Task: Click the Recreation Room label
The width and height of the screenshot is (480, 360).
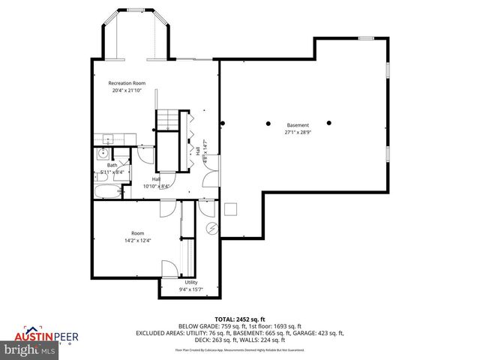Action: [127, 83]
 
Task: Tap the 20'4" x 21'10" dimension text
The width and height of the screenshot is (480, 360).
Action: [127, 91]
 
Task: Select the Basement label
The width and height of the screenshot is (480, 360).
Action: [298, 124]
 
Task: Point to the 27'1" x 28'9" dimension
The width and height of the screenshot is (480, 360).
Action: [298, 132]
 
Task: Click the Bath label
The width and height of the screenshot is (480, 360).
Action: [112, 165]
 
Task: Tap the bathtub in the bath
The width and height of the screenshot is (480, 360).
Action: [106, 191]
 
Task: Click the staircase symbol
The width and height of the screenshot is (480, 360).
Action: [166, 119]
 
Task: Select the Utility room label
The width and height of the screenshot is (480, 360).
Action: [191, 282]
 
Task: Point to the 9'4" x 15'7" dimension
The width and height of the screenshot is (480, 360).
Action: [191, 289]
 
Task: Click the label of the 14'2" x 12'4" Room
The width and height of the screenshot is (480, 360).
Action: [137, 232]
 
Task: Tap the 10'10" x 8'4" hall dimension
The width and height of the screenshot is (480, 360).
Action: [157, 186]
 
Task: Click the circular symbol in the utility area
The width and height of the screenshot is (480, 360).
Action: [211, 228]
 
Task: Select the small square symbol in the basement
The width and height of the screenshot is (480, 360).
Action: [232, 210]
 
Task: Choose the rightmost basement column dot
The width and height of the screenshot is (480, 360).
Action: [328, 122]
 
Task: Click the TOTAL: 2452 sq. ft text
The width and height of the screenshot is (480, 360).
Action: [239, 319]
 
